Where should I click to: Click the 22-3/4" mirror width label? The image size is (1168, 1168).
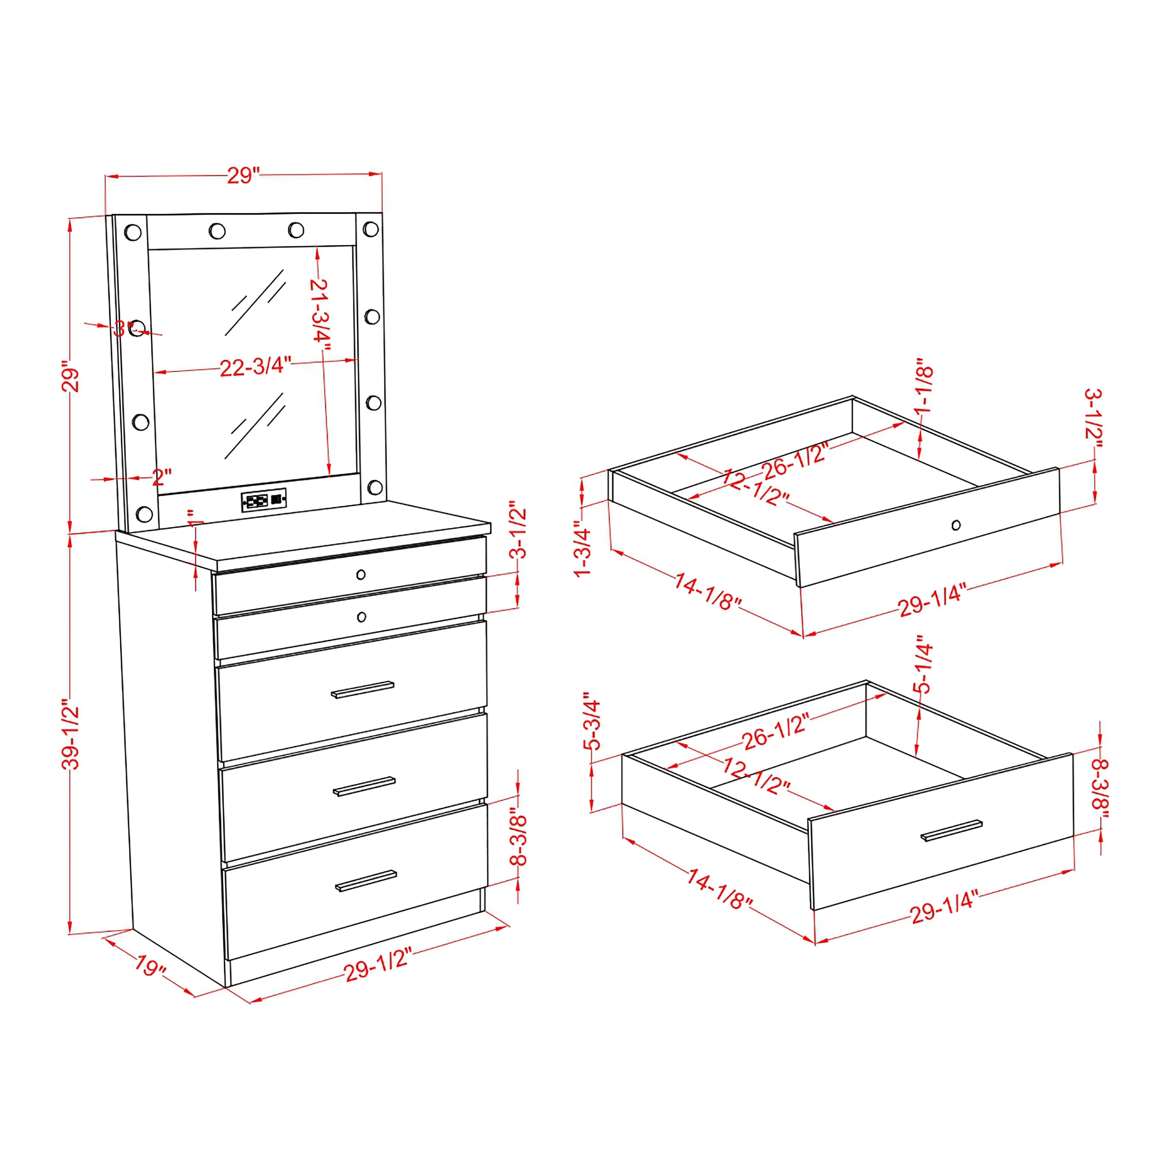pyautogui.click(x=255, y=366)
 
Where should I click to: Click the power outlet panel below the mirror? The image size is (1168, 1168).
pyautogui.click(x=264, y=500)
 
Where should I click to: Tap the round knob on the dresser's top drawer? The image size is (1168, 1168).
pyautogui.click(x=361, y=574)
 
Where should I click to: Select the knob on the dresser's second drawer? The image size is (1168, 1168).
pyautogui.click(x=362, y=617)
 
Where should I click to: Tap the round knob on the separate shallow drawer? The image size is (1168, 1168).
pyautogui.click(x=956, y=525)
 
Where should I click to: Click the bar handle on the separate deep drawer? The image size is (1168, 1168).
pyautogui.click(x=952, y=831)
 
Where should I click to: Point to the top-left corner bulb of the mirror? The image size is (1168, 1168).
pyautogui.click(x=133, y=232)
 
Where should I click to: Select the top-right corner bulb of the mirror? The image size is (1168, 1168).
pyautogui.click(x=371, y=229)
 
